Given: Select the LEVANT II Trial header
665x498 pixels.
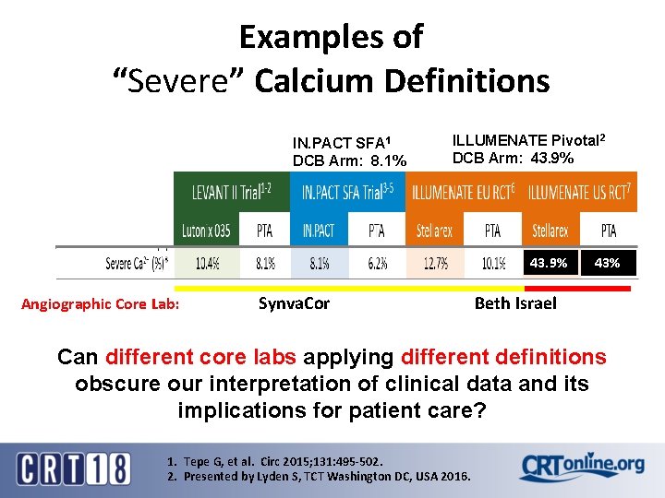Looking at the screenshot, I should click(x=233, y=192).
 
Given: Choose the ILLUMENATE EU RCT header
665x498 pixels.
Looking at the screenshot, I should click(x=466, y=192).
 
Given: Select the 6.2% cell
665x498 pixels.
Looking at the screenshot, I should click(x=377, y=264).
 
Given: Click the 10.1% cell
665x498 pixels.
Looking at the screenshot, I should click(x=493, y=264).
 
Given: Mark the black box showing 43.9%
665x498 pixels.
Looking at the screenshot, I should click(x=549, y=264).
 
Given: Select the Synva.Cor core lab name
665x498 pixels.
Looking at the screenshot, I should click(x=294, y=303).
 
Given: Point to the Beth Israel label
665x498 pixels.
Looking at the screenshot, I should click(x=515, y=303).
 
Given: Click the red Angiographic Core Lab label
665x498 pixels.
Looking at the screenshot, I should click(x=100, y=304).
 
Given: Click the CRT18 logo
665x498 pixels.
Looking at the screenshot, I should click(x=74, y=468).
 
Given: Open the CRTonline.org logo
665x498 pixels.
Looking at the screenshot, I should click(x=582, y=466).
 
